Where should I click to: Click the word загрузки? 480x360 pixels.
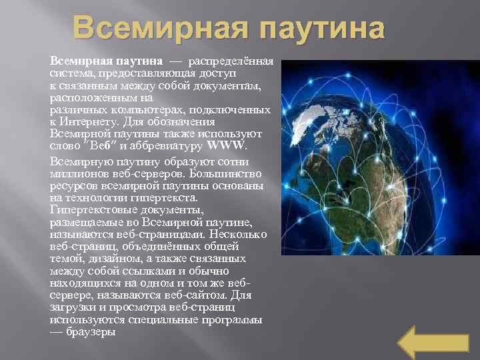coord(73,307)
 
